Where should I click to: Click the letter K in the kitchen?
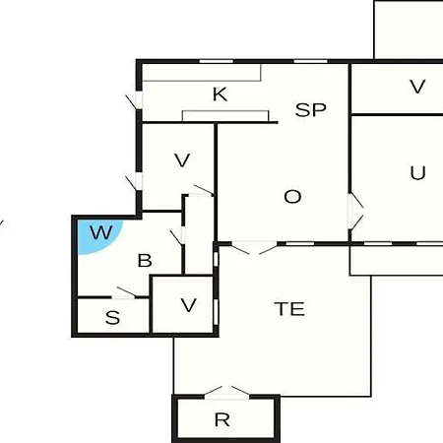point(221,95)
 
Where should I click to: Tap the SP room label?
point(311,110)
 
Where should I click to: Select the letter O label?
point(292,197)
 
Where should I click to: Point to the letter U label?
point(417,172)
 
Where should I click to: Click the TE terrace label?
point(289,309)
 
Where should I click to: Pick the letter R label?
point(221,419)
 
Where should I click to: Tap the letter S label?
point(112,318)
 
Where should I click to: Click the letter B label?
point(145,261)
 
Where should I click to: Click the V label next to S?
point(189,305)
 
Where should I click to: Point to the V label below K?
point(182,160)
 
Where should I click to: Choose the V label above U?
point(417,87)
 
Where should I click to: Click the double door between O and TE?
point(255,247)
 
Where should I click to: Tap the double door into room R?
point(226,393)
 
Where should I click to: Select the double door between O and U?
point(355,211)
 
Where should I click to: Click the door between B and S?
point(126,292)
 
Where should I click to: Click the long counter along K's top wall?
point(202,73)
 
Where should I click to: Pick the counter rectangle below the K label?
point(225,116)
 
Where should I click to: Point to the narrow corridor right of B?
point(199,235)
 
